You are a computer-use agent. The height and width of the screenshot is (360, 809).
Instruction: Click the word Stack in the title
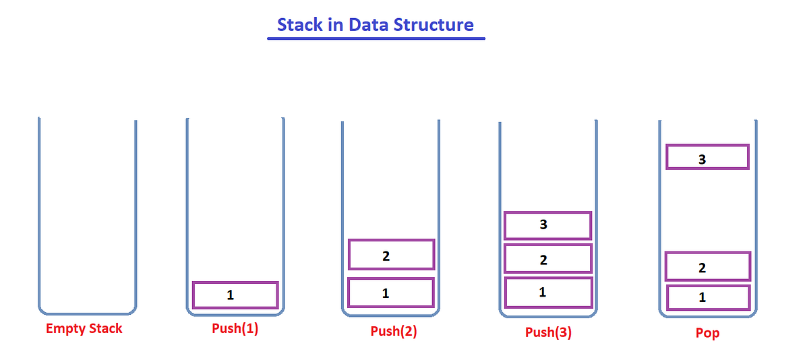tap(299, 25)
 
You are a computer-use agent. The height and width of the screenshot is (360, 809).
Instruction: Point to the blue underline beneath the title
tap(376, 38)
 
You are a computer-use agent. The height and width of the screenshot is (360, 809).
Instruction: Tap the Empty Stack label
tap(84, 329)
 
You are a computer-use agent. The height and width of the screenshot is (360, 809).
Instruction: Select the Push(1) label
tap(235, 330)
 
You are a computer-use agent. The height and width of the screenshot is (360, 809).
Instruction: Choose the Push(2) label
tap(394, 332)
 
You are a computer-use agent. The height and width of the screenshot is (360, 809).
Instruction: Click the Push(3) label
tap(548, 332)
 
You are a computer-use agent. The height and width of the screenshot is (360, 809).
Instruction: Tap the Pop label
tap(707, 333)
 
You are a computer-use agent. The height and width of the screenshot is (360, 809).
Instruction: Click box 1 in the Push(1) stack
tap(235, 295)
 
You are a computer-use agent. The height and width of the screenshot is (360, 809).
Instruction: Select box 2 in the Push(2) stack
tap(391, 255)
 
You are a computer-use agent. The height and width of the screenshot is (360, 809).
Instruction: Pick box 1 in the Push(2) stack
tap(391, 293)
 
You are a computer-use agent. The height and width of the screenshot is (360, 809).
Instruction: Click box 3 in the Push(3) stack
tap(548, 225)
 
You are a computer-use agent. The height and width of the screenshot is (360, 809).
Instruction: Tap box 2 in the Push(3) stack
tap(548, 259)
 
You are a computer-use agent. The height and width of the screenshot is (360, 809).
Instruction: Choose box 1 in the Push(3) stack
tap(548, 293)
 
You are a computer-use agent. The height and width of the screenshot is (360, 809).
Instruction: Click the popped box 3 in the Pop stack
tap(707, 157)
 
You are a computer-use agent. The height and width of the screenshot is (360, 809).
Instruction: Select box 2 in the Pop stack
tap(707, 266)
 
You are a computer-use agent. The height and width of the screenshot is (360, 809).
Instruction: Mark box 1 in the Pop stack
tap(708, 297)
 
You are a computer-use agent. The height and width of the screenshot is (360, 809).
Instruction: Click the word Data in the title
tap(368, 25)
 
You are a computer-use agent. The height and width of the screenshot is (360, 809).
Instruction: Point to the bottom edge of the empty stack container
tap(88, 313)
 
